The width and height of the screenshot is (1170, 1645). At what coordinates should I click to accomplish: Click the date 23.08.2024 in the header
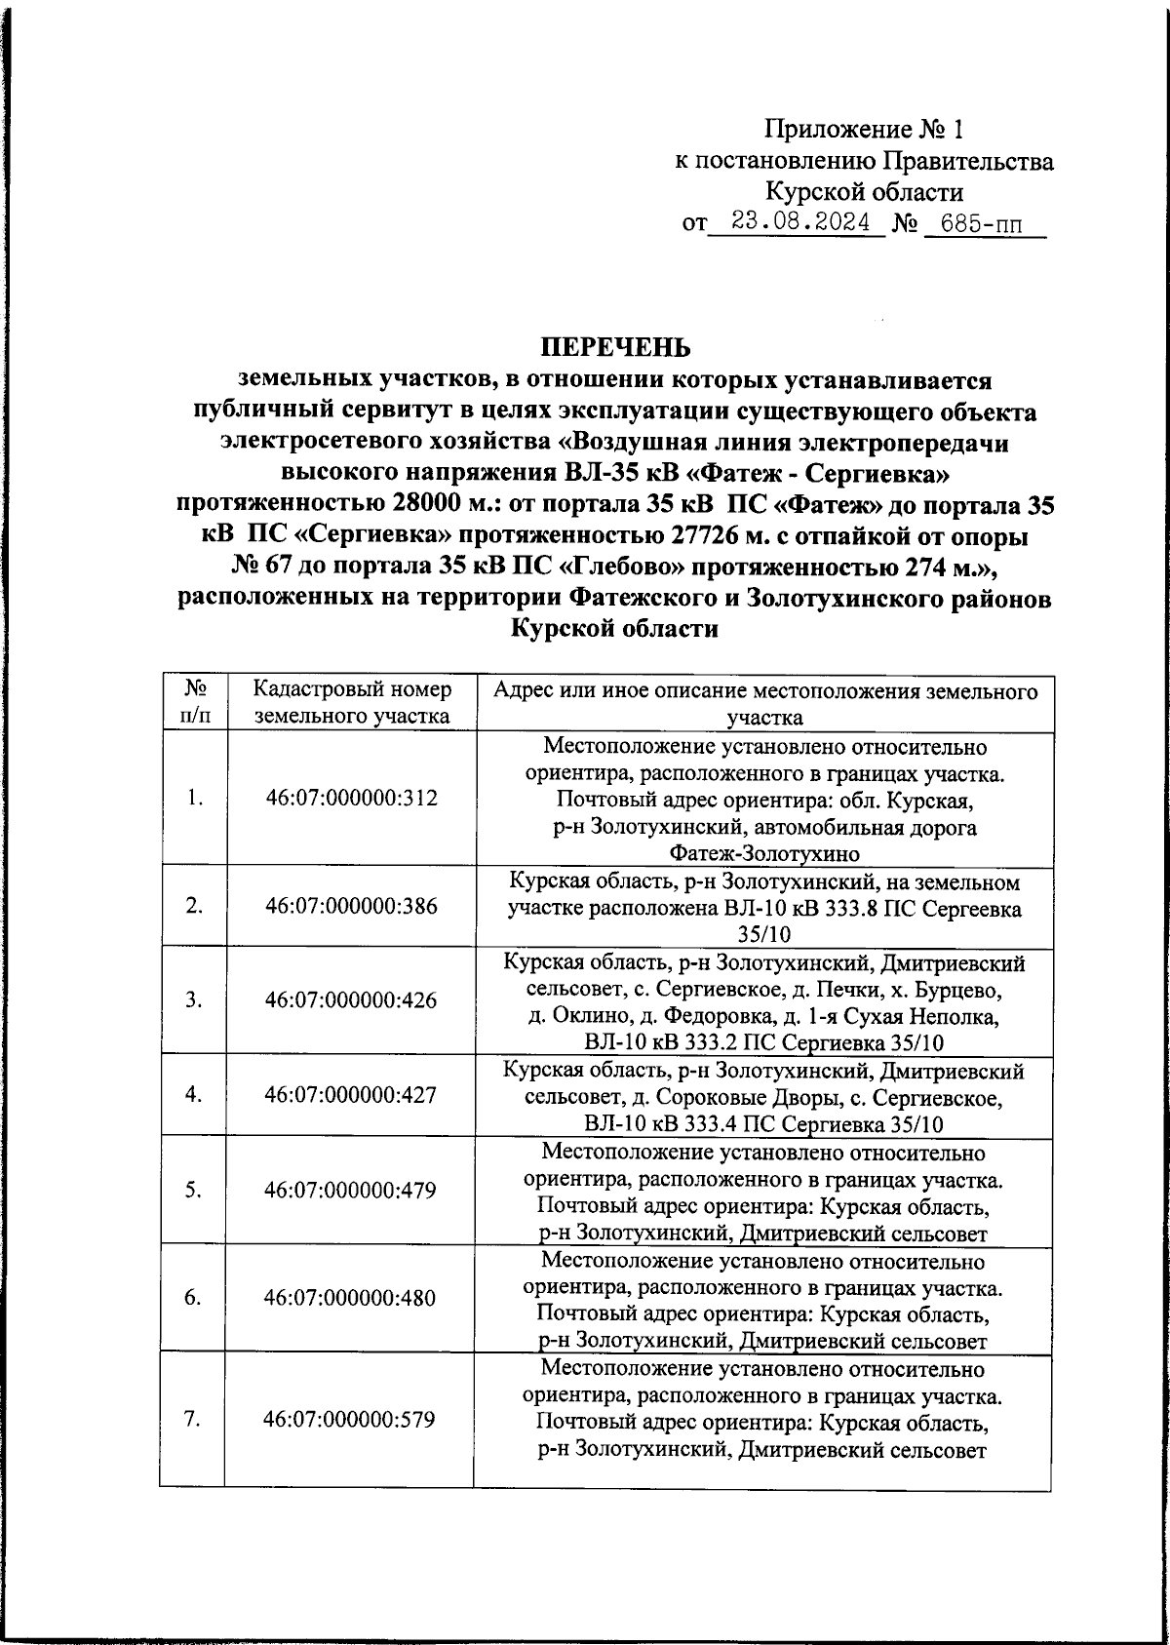click(800, 223)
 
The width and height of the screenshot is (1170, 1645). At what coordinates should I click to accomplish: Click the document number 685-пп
click(982, 225)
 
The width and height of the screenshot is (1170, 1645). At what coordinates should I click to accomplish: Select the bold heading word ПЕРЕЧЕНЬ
click(615, 347)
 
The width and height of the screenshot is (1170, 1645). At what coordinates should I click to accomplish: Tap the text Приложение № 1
click(864, 129)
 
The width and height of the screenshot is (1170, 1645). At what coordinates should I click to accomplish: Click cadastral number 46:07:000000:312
click(351, 798)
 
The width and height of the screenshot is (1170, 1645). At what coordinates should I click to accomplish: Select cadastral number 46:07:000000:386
click(351, 906)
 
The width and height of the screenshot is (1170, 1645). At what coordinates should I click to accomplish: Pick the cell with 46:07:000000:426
click(351, 999)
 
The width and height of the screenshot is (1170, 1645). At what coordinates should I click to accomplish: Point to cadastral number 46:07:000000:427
click(351, 1094)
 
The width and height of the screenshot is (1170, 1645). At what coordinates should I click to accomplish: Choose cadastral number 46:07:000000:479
click(351, 1190)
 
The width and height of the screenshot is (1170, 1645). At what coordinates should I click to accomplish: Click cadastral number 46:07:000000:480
click(351, 1298)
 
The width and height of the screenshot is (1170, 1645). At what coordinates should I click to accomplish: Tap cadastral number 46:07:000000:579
click(351, 1419)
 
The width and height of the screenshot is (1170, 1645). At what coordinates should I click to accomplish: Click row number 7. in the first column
click(192, 1419)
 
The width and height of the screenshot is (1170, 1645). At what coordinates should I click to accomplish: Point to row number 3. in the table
click(193, 999)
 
